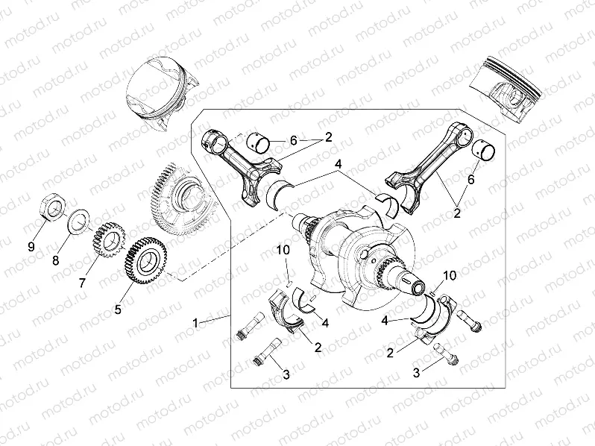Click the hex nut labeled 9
click(51, 206)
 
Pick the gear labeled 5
click(145, 257)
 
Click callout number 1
click(196, 323)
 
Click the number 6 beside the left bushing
click(294, 141)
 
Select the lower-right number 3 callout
click(417, 371)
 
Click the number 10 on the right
click(449, 275)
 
